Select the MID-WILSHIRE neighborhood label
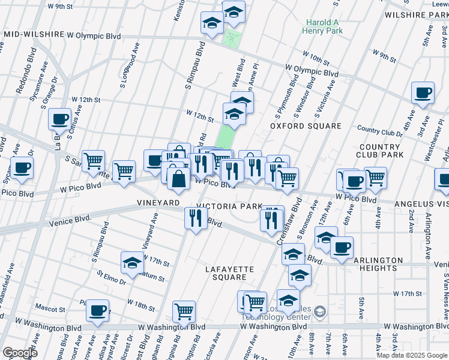pyautogui.click(x=34, y=35)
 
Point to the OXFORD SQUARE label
pyautogui.click(x=305, y=127)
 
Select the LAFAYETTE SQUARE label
pyautogui.click(x=229, y=273)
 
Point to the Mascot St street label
pyautogui.click(x=51, y=310)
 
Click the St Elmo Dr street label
pyautogui.click(x=111, y=277)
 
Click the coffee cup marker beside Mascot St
pyautogui.click(x=97, y=311)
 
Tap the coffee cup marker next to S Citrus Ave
pyautogui.click(x=60, y=119)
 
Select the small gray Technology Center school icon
pyautogui.click(x=320, y=311)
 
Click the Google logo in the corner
pyautogui.click(x=20, y=353)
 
